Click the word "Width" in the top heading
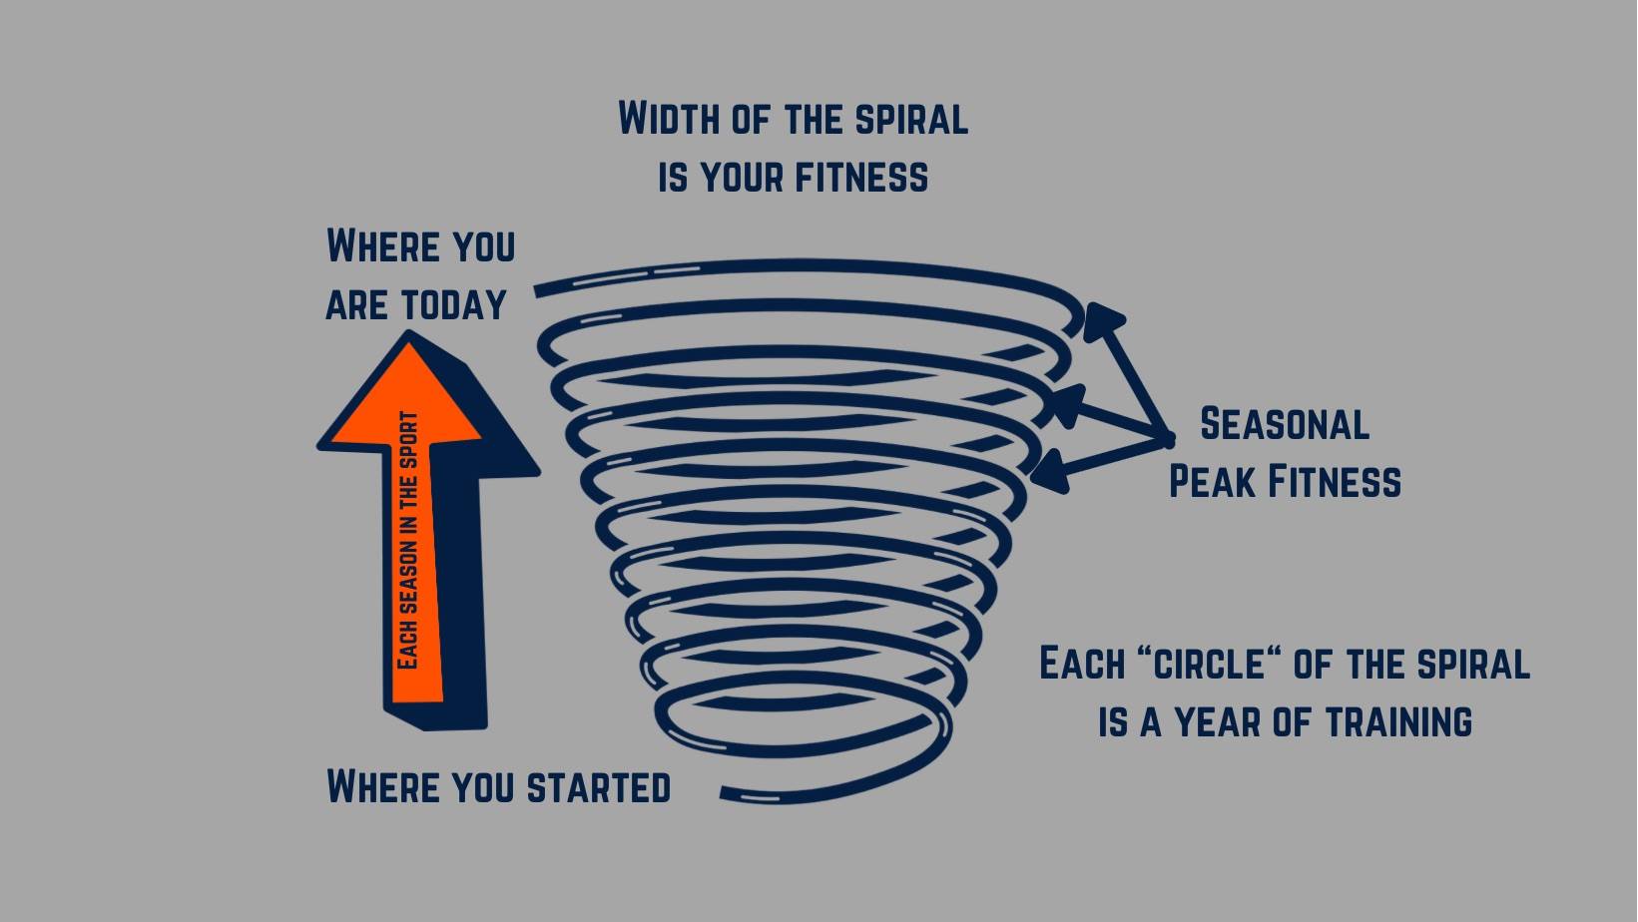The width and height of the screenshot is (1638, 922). (x=669, y=119)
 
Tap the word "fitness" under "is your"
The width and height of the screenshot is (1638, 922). (x=861, y=177)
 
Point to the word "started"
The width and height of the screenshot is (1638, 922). (x=598, y=786)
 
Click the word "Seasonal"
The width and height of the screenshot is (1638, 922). (x=1284, y=424)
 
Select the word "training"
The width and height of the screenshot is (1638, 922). (x=1398, y=721)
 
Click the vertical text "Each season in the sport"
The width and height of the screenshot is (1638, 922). (x=408, y=541)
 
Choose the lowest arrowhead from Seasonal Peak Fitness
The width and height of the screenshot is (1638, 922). (x=1051, y=472)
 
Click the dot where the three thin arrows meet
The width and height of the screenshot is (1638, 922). (x=1168, y=439)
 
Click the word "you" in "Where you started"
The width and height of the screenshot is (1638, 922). (x=483, y=786)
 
